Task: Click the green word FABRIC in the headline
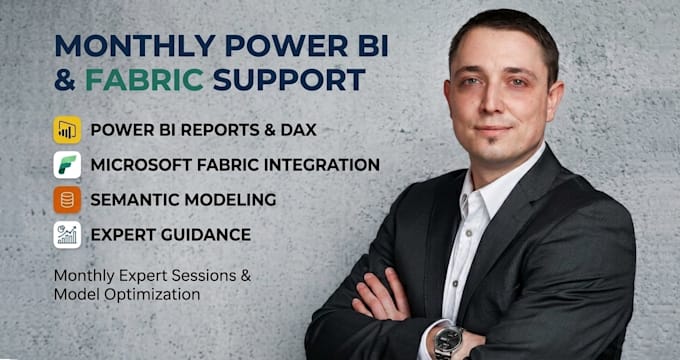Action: [144, 79]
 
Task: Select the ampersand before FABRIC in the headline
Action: [65, 79]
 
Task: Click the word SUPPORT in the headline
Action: [289, 79]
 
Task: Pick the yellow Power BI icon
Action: [67, 130]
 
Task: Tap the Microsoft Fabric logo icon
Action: [67, 165]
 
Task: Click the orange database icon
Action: [67, 200]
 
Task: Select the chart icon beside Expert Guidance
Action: [67, 235]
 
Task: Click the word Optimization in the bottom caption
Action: [152, 295]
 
